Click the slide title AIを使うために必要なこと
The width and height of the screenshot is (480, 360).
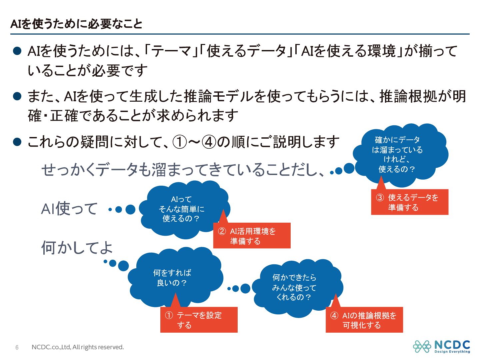pos(76,24)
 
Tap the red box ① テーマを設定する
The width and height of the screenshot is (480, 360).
pos(199,320)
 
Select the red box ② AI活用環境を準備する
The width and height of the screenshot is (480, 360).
pos(252,235)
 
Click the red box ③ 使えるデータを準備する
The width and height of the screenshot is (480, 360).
pos(410,202)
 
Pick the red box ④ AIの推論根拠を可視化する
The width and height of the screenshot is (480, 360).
pos(364,320)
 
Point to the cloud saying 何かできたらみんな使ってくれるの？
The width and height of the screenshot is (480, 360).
pos(297,287)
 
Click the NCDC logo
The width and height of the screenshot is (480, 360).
pos(441,347)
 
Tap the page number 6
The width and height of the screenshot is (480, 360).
pos(17,347)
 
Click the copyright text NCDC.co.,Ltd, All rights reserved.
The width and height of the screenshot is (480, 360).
pos(78,347)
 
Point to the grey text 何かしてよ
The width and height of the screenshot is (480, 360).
pos(77,248)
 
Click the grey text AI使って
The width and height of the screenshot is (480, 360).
pos(69,209)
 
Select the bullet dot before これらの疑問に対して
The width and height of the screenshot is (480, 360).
pos(17,142)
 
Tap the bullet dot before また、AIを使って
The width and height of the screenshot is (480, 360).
pos(17,96)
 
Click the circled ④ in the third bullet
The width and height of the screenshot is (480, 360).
pos(209,142)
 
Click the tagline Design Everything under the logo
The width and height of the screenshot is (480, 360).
pos(452,352)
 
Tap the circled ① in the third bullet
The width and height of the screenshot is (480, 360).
pos(180,142)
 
